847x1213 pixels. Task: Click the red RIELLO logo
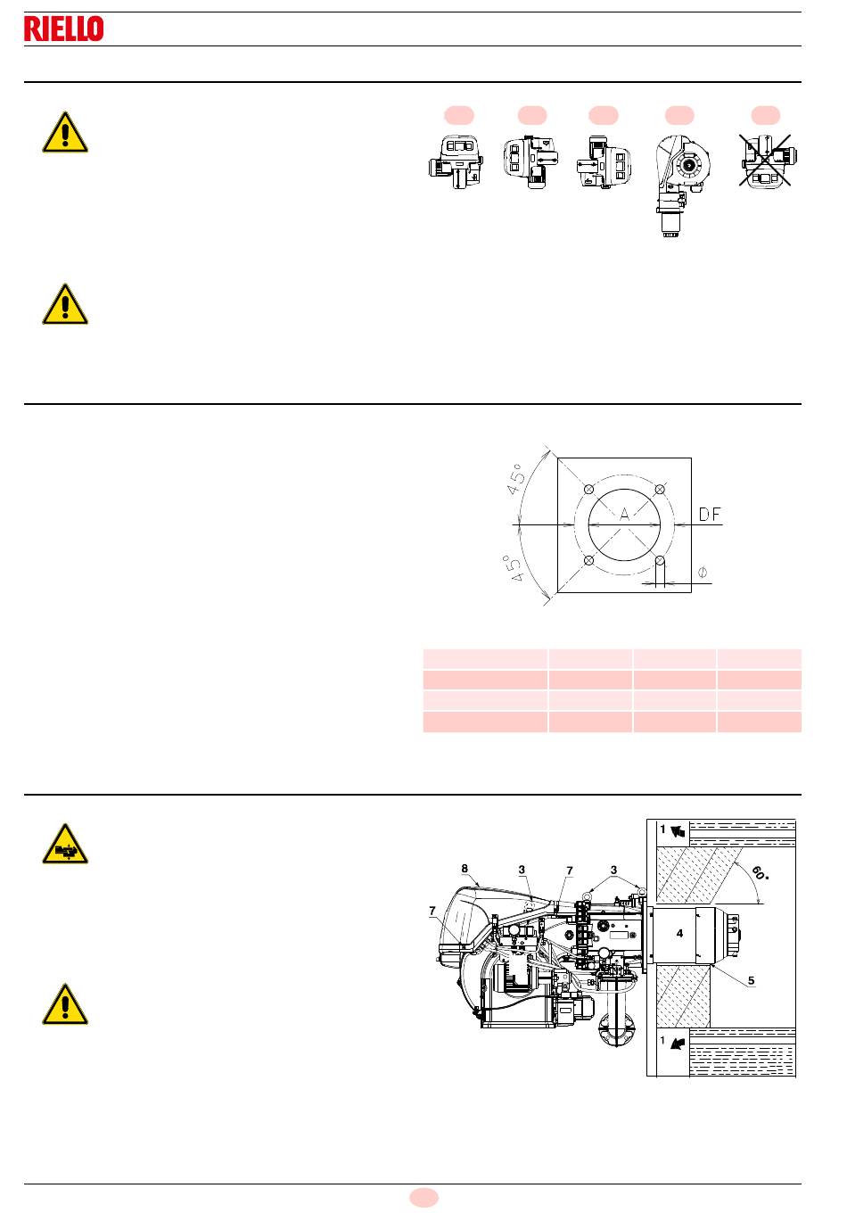64,29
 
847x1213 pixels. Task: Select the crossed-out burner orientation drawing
765,161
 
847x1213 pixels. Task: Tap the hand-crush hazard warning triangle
65,845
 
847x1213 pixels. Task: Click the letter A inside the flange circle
625,514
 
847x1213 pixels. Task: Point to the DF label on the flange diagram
710,515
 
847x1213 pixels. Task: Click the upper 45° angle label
516,479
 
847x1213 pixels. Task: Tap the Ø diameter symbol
703,572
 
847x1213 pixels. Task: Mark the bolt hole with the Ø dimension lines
660,560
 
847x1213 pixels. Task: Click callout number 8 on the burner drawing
465,869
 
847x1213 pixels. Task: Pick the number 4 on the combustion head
679,933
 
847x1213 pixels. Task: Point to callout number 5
752,980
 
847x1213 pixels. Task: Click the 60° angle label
761,872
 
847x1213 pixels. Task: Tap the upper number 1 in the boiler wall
662,829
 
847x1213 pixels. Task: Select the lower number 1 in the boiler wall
662,1040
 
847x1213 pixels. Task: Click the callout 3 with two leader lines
613,870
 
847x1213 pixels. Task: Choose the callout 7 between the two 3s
570,871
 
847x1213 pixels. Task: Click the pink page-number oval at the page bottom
423,1198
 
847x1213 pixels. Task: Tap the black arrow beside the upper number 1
678,831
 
